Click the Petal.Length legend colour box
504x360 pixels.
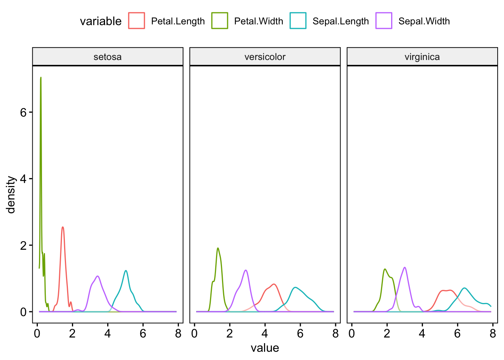point(136,21)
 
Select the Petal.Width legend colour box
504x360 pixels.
point(220,21)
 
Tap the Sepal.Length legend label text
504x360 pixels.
point(340,21)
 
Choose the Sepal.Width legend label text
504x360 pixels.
point(424,21)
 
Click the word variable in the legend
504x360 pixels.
point(100,21)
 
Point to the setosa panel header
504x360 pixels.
point(108,57)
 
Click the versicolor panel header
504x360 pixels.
point(265,57)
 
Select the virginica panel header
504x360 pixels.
point(422,57)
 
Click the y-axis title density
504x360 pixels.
point(11,195)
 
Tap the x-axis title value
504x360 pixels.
point(265,348)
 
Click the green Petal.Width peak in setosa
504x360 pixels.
point(40,78)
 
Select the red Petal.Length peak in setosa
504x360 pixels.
point(63,227)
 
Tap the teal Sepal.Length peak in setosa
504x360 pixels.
point(126,271)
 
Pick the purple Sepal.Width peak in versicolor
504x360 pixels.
point(246,270)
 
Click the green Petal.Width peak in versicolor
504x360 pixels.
point(217,248)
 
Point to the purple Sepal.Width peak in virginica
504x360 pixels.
point(405,267)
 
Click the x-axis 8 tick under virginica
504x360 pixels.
point(493,333)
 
